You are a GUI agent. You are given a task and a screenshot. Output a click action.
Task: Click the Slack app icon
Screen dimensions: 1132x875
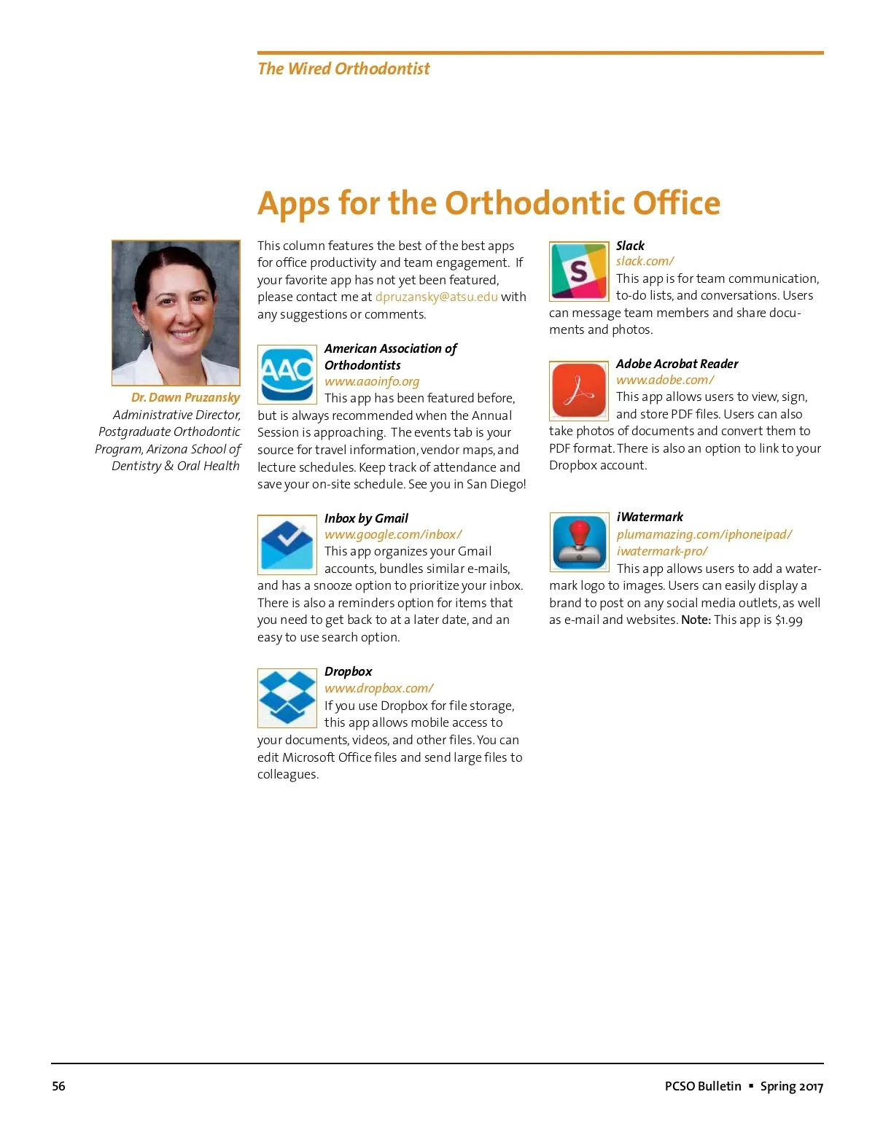[579, 271]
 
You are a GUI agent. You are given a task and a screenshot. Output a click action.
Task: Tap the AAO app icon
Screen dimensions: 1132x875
[287, 374]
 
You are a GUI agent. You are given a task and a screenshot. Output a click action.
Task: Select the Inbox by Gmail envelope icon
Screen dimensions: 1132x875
[287, 544]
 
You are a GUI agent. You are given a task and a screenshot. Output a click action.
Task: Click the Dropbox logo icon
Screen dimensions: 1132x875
[287, 698]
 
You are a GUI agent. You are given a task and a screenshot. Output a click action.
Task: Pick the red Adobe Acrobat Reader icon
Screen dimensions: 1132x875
[579, 391]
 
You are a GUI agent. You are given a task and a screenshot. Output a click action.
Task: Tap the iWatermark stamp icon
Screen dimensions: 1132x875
[579, 542]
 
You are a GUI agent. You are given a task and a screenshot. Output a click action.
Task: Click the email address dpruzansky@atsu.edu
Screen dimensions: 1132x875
[436, 297]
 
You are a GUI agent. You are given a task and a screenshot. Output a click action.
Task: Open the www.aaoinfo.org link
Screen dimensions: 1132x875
[372, 381]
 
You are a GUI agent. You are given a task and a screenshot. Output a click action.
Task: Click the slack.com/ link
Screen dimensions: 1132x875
[645, 261]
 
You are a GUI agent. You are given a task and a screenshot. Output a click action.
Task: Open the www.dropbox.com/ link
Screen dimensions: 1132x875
[379, 688]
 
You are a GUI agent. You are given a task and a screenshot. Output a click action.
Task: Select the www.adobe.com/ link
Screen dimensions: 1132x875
[665, 380]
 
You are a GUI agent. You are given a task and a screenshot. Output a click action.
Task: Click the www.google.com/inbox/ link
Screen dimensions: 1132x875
[393, 534]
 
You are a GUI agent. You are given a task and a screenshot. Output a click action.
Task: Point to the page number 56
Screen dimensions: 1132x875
[58, 1086]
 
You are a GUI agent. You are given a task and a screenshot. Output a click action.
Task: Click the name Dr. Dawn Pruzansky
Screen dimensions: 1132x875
[185, 397]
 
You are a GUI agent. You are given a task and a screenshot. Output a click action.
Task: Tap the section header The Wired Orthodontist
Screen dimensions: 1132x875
[343, 69]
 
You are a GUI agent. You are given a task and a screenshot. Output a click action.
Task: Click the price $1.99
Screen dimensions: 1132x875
[788, 620]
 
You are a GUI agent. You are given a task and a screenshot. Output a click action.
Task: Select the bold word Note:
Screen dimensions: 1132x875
[696, 620]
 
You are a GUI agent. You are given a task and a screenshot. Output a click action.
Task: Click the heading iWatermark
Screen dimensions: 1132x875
[650, 517]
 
